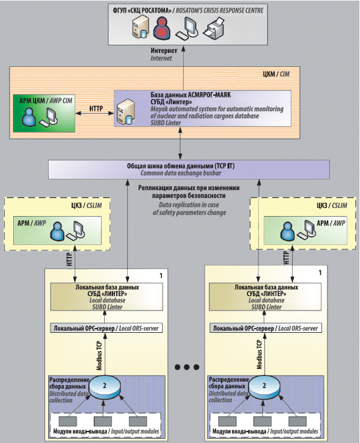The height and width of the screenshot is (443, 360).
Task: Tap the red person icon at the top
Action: (163, 28)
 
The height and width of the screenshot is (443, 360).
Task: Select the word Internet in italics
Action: (161, 58)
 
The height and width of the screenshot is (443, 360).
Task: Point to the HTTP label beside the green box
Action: (96, 108)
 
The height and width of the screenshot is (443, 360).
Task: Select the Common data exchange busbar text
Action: (181, 173)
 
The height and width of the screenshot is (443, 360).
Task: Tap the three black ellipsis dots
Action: (187, 367)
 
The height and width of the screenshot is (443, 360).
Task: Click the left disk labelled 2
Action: (105, 387)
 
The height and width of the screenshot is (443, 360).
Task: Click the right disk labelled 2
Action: (264, 387)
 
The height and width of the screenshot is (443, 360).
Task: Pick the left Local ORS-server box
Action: (107, 328)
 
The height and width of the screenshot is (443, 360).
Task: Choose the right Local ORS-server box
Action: (265, 328)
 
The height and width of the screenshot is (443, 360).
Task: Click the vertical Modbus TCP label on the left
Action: (99, 355)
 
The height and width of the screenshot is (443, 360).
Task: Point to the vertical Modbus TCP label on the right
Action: (259, 355)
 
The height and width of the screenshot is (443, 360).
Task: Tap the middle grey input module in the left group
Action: (103, 421)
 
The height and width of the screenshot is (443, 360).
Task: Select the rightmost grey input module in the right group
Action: (297, 421)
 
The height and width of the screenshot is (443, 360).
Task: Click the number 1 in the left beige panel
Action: (161, 276)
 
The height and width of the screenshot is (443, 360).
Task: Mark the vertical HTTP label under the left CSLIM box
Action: (69, 259)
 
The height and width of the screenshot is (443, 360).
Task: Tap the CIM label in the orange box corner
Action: (285, 74)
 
